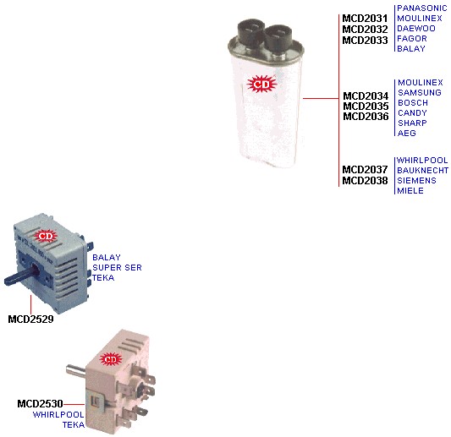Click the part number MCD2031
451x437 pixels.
pos(365,19)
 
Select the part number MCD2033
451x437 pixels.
pos(365,41)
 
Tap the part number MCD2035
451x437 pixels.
pos(366,107)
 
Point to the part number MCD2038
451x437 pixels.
pos(365,180)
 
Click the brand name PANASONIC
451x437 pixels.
pos(422,8)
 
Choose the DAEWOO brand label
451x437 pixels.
pos(416,29)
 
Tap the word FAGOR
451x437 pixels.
pos(411,39)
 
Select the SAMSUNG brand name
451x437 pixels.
pos(420,92)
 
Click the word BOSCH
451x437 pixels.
pos(413,102)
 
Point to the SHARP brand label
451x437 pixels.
pos(412,123)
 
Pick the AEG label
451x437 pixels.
pos(407,133)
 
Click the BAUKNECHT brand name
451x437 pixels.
pos(422,171)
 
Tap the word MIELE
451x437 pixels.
pos(410,190)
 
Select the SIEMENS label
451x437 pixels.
pos(416,180)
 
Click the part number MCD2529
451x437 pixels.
pos(30,320)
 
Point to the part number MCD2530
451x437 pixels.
pos(40,404)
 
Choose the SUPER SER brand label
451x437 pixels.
pos(117,267)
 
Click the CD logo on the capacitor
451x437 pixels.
pos(261,85)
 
